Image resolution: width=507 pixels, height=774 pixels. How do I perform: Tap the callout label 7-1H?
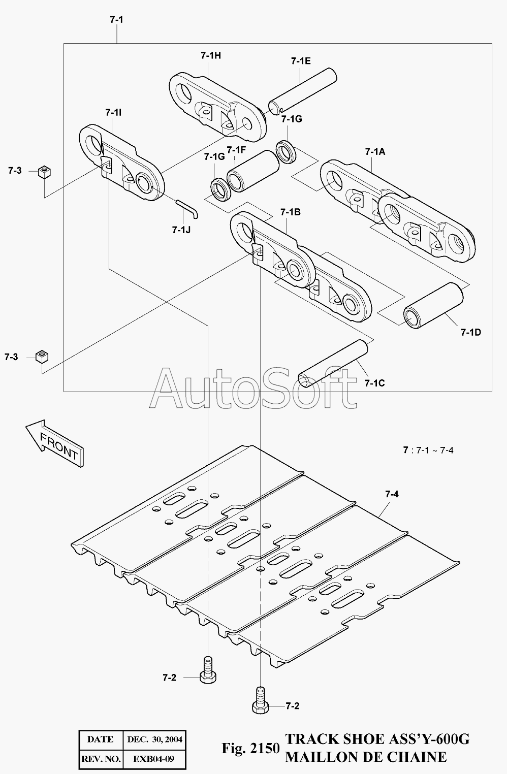(210, 56)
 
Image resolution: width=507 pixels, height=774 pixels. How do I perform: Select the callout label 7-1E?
(301, 61)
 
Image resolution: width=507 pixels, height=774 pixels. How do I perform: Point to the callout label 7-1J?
(181, 230)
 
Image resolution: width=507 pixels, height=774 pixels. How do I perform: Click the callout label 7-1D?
(471, 333)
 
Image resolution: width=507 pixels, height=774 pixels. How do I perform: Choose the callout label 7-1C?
(374, 383)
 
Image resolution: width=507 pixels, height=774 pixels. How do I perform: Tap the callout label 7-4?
(392, 494)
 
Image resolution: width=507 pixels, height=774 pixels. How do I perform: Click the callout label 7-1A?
(375, 151)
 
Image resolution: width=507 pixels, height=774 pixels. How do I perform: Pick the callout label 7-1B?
(290, 212)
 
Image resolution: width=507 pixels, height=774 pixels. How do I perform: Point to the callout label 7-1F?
(236, 150)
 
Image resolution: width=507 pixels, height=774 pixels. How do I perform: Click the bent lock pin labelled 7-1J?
(188, 207)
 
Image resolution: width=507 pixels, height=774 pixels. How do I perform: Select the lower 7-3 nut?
(41, 356)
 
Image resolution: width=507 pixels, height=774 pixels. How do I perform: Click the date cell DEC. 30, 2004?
(154, 739)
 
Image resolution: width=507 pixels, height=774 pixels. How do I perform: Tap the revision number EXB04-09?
(154, 760)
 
